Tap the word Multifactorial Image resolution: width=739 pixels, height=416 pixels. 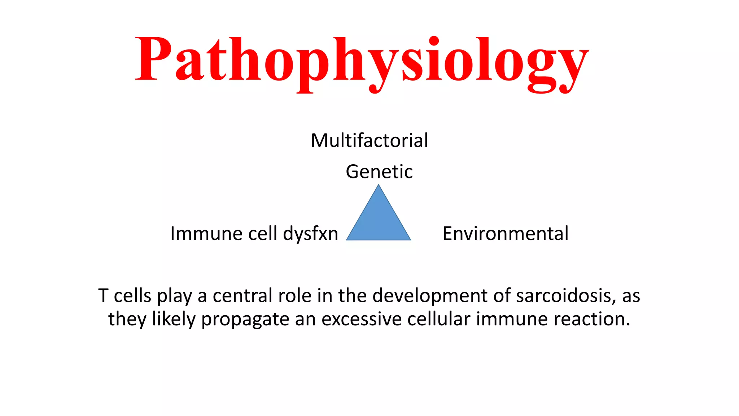click(x=369, y=140)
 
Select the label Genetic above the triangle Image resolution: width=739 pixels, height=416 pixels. click(x=379, y=172)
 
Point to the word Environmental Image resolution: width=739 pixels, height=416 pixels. click(x=505, y=234)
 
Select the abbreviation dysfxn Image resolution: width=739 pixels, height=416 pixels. click(x=310, y=234)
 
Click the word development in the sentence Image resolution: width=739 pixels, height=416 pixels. click(x=430, y=296)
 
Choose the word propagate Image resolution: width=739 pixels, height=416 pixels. click(x=245, y=319)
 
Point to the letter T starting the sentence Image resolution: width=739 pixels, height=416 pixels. click(x=103, y=296)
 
